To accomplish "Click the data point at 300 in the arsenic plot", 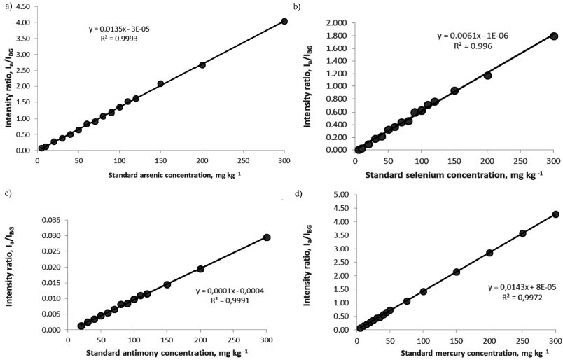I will click(x=284, y=21).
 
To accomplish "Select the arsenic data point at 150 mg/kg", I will click(x=160, y=83).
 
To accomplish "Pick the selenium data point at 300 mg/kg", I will click(x=554, y=36).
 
